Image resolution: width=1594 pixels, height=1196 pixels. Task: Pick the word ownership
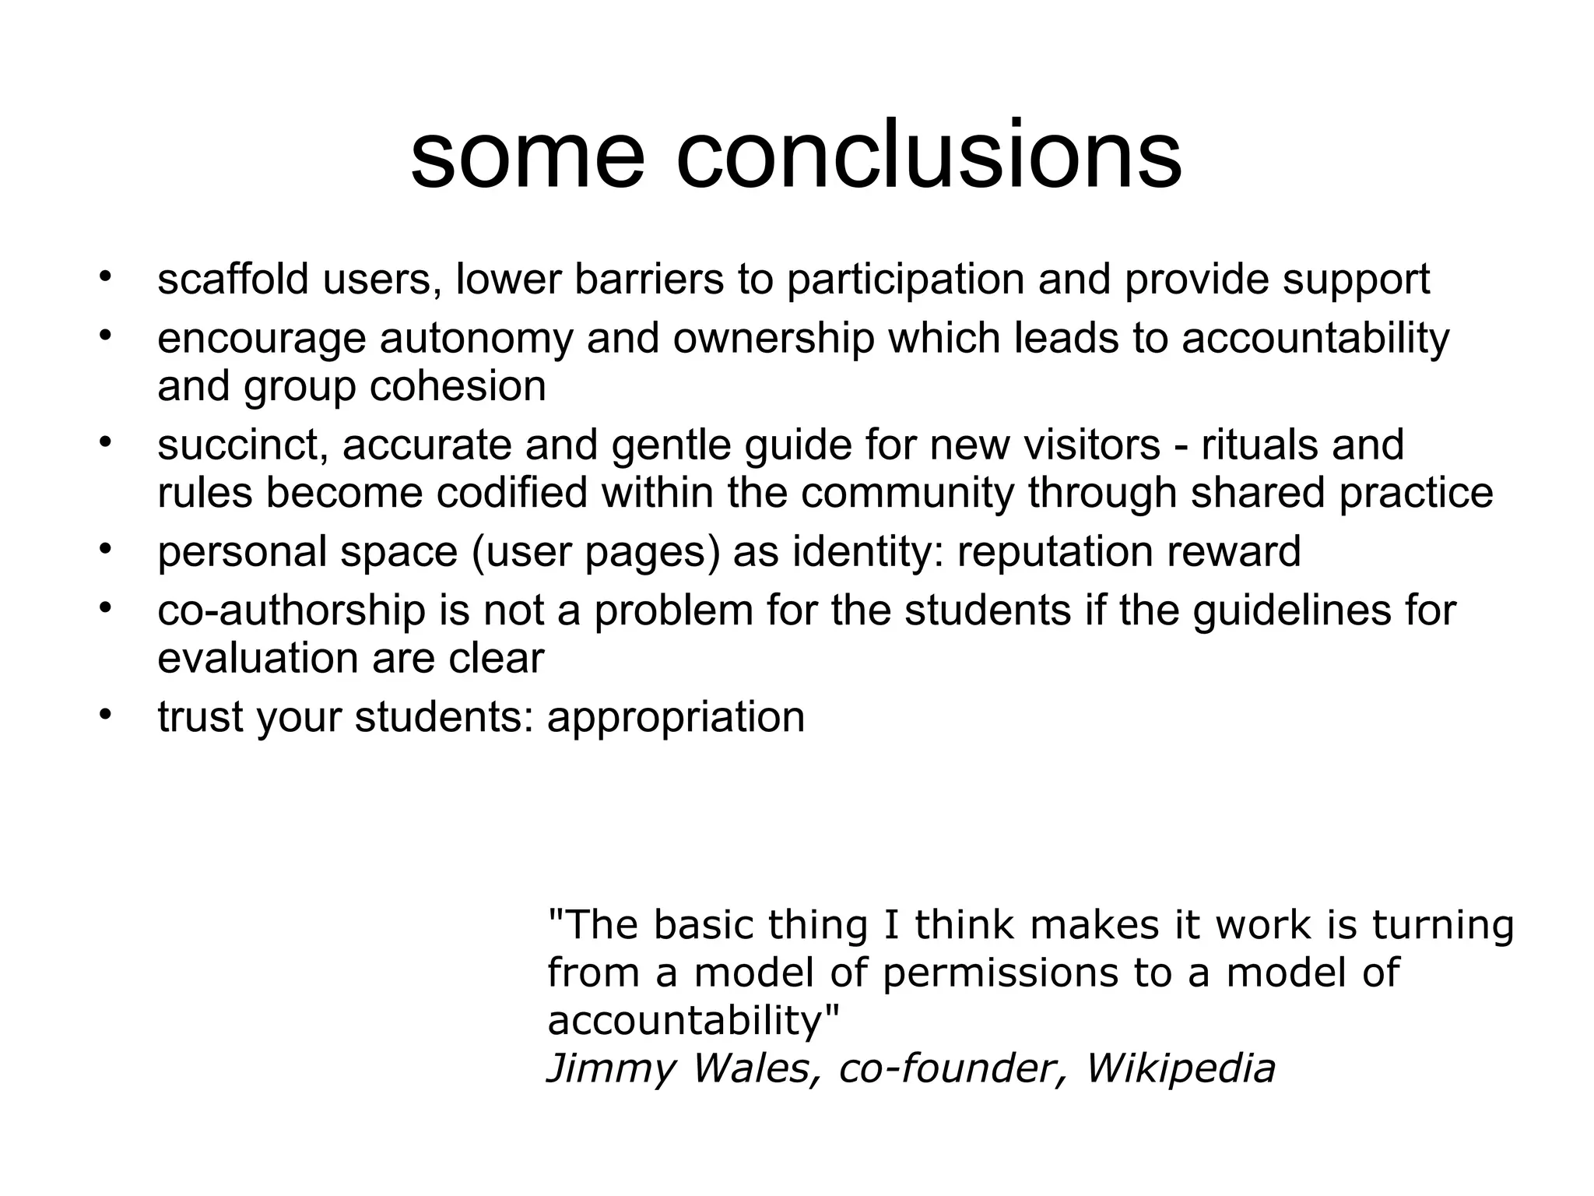(x=774, y=339)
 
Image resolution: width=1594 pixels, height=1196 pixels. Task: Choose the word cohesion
(x=458, y=385)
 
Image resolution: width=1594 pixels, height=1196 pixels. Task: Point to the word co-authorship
(x=291, y=610)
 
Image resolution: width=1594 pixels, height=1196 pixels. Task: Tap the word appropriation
(x=676, y=717)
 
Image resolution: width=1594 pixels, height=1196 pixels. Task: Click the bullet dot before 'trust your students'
(x=106, y=714)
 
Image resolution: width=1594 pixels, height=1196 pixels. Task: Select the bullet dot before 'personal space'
(x=106, y=549)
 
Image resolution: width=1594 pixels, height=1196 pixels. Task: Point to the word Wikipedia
(x=1180, y=1068)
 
